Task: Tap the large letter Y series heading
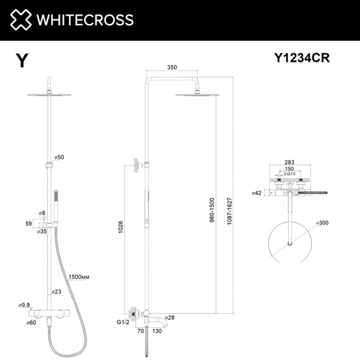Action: (x=22, y=60)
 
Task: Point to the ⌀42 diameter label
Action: (x=256, y=193)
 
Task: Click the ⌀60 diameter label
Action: (x=32, y=323)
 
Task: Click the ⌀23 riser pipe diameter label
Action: (x=57, y=291)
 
